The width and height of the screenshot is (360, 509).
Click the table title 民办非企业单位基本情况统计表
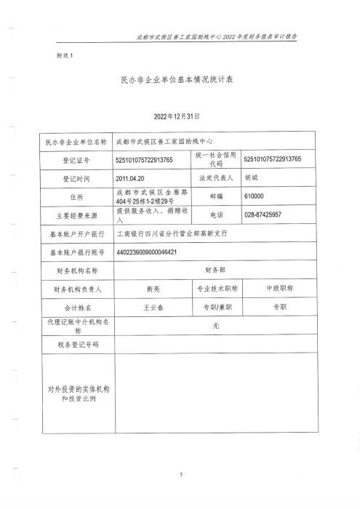(180, 84)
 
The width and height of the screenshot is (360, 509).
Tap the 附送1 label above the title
(65, 55)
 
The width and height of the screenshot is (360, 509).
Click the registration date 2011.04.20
(131, 177)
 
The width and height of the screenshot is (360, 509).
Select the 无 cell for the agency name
(215, 326)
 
